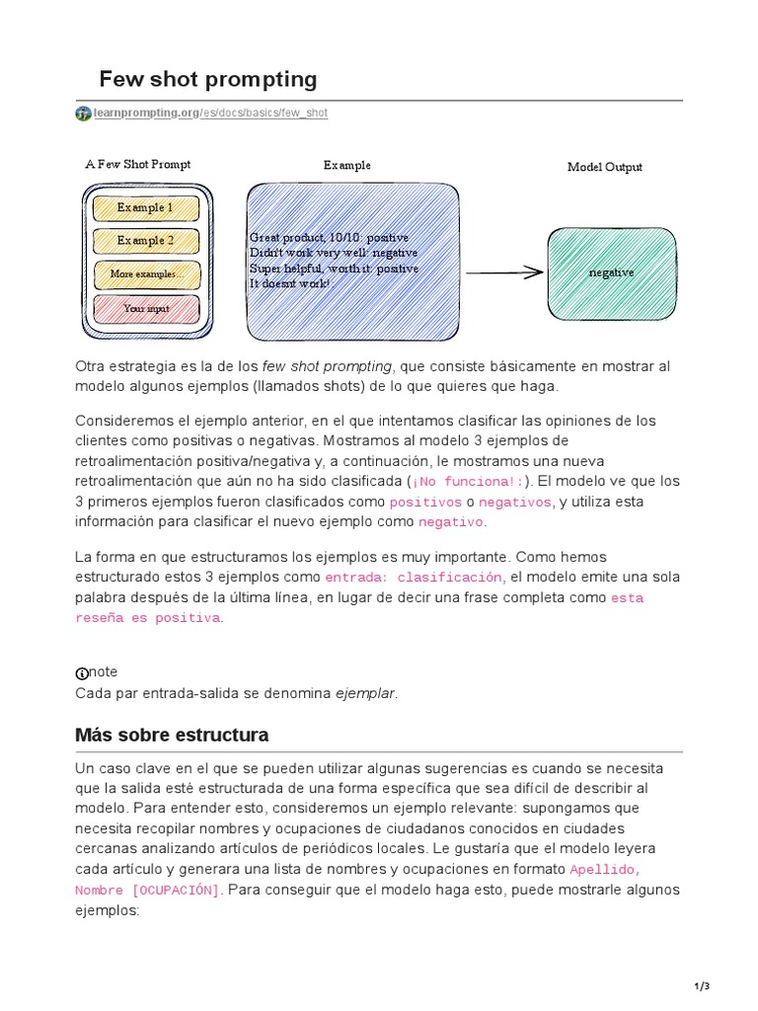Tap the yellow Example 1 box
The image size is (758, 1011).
(x=146, y=208)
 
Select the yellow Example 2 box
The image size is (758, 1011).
(x=146, y=241)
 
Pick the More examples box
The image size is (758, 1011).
(x=146, y=274)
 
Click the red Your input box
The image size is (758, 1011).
(x=146, y=308)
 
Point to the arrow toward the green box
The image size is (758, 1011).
(x=504, y=273)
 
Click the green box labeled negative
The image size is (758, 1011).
(x=612, y=272)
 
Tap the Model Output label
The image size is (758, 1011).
(x=604, y=167)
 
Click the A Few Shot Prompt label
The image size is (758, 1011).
(x=138, y=165)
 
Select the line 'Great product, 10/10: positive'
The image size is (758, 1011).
(x=330, y=238)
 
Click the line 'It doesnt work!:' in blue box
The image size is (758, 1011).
(x=291, y=283)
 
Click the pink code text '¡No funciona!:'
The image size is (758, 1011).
(x=469, y=482)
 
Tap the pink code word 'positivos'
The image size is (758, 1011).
(x=425, y=503)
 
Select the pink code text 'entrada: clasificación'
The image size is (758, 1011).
(x=414, y=578)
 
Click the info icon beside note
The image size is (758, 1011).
(x=82, y=673)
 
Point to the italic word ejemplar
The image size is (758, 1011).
(x=365, y=693)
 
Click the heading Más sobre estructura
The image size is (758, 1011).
(x=172, y=736)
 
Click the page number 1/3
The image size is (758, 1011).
(x=703, y=985)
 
